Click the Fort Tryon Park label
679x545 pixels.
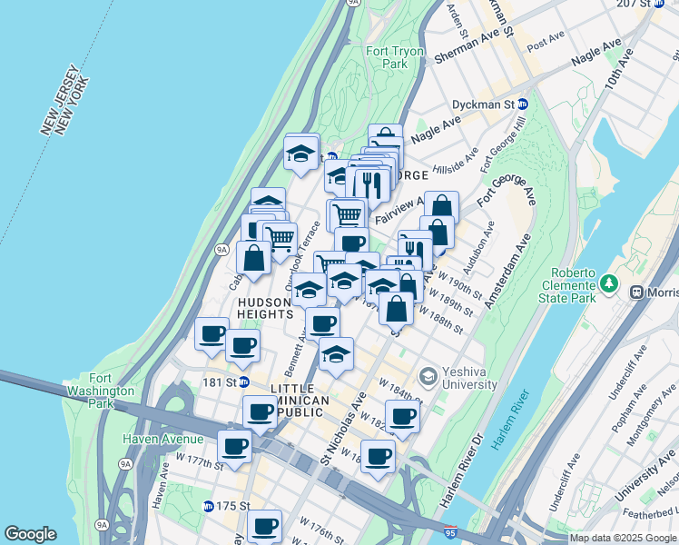396,58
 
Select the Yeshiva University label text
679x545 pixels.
469,378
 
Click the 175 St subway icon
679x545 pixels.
208,506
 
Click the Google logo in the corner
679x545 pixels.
30,534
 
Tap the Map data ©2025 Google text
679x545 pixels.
622,538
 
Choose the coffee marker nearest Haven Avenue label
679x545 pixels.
234,447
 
